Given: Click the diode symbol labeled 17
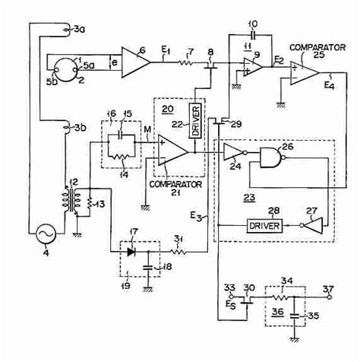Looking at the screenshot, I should coord(133,249).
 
